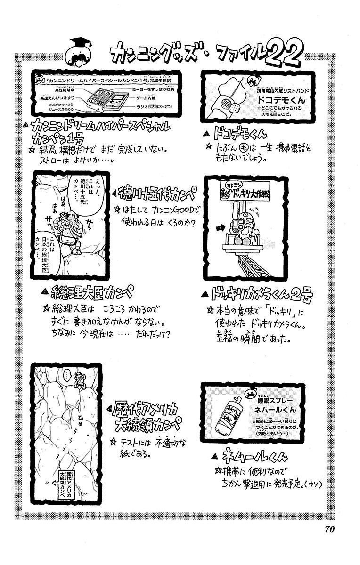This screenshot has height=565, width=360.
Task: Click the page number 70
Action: [328, 528]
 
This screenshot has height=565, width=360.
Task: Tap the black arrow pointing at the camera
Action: [220, 228]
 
